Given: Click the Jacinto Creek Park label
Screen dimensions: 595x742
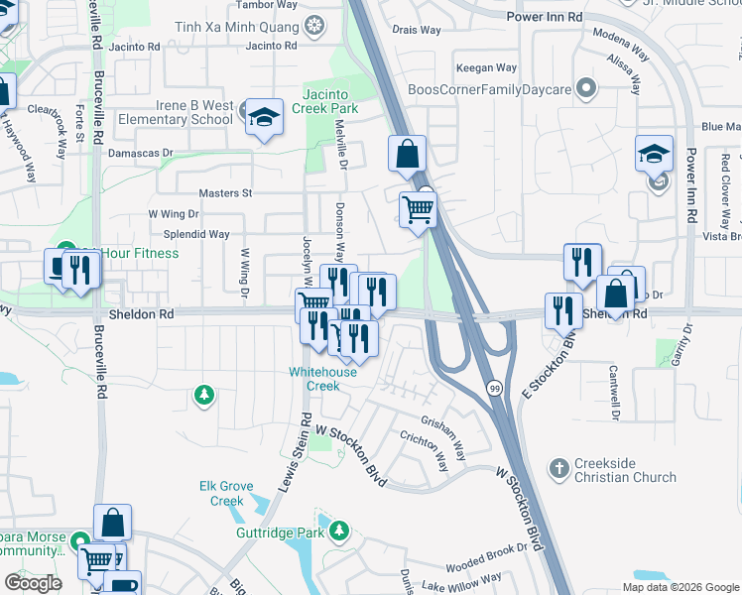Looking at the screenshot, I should click(x=323, y=100).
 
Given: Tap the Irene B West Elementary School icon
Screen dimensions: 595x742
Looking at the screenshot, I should click(x=265, y=118).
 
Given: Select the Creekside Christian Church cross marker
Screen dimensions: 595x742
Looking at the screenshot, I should click(x=559, y=466).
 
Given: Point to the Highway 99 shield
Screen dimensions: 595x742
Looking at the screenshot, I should click(x=494, y=390).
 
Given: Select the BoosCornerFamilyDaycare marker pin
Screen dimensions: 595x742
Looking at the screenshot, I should click(x=586, y=90).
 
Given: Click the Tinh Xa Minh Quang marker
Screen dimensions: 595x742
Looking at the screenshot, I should click(x=314, y=25).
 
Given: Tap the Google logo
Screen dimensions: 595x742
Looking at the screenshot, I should click(x=33, y=583).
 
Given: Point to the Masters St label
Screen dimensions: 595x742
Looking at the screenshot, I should click(x=226, y=193).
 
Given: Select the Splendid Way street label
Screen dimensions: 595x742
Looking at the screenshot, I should click(x=196, y=235).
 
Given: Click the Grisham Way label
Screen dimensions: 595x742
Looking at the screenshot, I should click(x=442, y=436).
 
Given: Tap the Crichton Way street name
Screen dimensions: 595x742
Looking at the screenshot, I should click(x=427, y=444).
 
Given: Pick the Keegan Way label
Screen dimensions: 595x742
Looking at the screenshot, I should click(x=486, y=68).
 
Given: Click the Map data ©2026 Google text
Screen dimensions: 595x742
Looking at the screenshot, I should click(x=680, y=587).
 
